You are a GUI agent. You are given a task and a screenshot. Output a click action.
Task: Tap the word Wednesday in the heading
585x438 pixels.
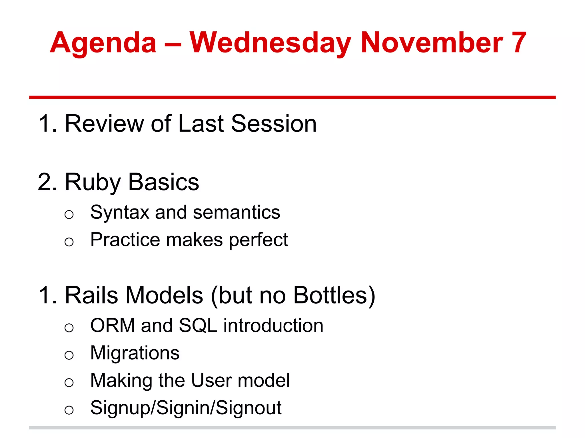point(270,43)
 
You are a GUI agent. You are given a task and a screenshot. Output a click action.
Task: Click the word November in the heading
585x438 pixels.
point(432,43)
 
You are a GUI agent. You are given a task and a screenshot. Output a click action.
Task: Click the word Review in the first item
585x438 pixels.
point(104,123)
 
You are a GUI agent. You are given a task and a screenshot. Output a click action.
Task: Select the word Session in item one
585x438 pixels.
point(273,123)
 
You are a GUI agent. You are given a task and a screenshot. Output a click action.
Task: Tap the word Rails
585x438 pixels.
point(91,295)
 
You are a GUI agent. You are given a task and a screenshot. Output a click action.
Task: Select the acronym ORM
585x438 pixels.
point(113,325)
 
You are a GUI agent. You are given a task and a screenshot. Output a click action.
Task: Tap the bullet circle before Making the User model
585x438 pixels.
point(69,382)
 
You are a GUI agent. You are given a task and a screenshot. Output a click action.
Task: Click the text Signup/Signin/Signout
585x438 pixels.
point(186,408)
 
